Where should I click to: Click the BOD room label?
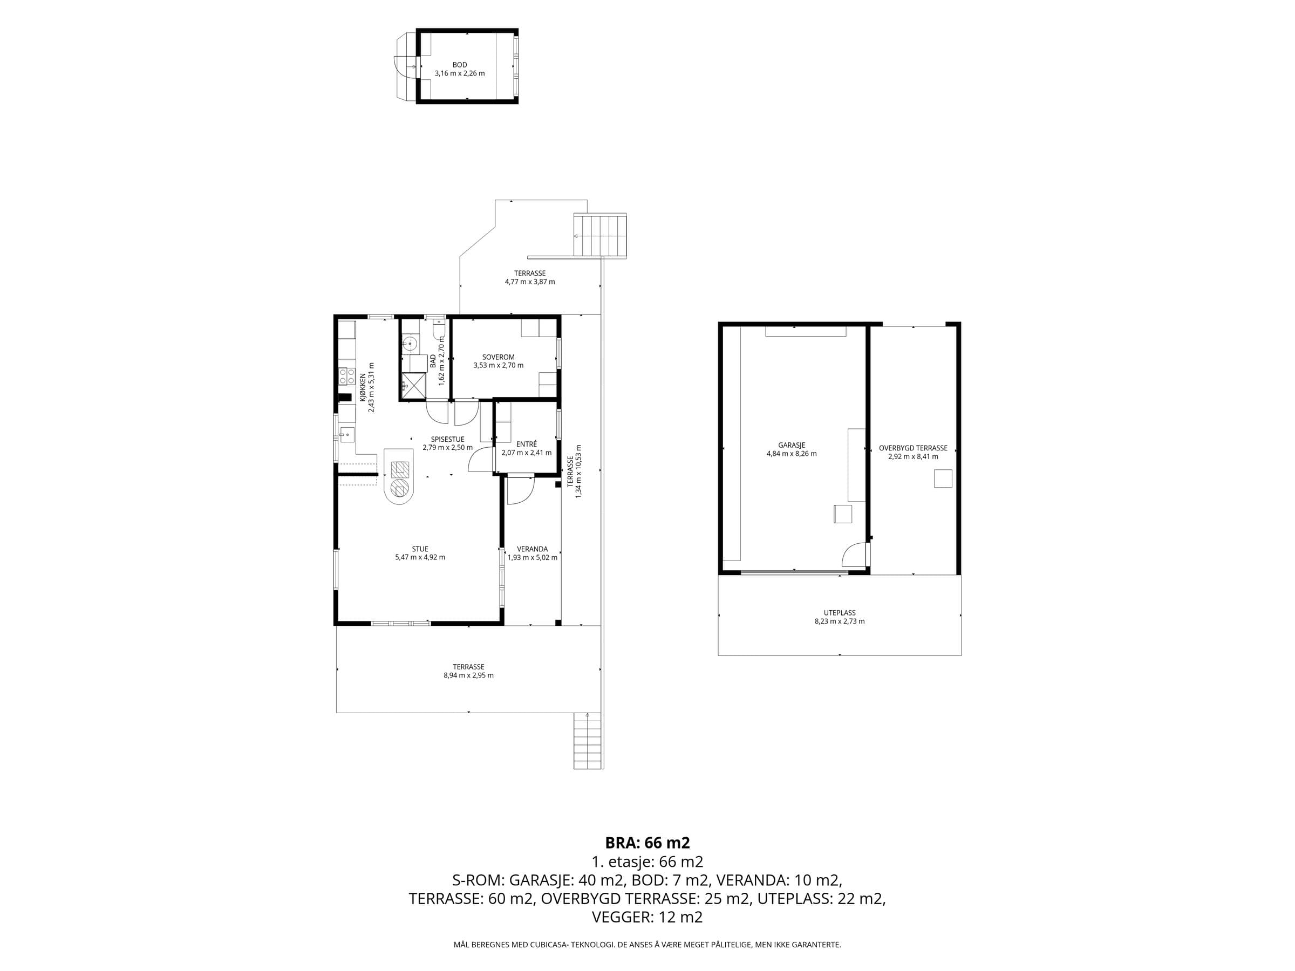pyautogui.click(x=460, y=65)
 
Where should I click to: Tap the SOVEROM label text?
pyautogui.click(x=498, y=357)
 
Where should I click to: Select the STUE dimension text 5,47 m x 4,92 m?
pyautogui.click(x=420, y=557)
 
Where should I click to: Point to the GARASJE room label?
pyautogui.click(x=792, y=446)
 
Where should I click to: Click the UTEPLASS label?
pyautogui.click(x=840, y=613)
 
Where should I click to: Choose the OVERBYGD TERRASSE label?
pyautogui.click(x=913, y=448)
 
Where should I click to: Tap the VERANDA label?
pyautogui.click(x=532, y=549)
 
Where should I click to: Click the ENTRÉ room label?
pyautogui.click(x=527, y=445)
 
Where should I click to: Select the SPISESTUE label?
pyautogui.click(x=447, y=440)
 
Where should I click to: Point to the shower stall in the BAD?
pyautogui.click(x=415, y=385)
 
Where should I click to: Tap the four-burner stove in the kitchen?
pyautogui.click(x=346, y=376)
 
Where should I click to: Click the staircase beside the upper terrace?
pyautogui.click(x=599, y=236)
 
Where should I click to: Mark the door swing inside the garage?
pyautogui.click(x=854, y=553)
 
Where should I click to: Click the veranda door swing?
pyautogui.click(x=520, y=490)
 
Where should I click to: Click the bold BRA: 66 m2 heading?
pyautogui.click(x=647, y=843)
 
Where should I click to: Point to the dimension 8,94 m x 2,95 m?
pyautogui.click(x=468, y=675)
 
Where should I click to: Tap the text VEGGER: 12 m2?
pyautogui.click(x=647, y=917)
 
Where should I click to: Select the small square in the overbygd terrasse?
pyautogui.click(x=943, y=478)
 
